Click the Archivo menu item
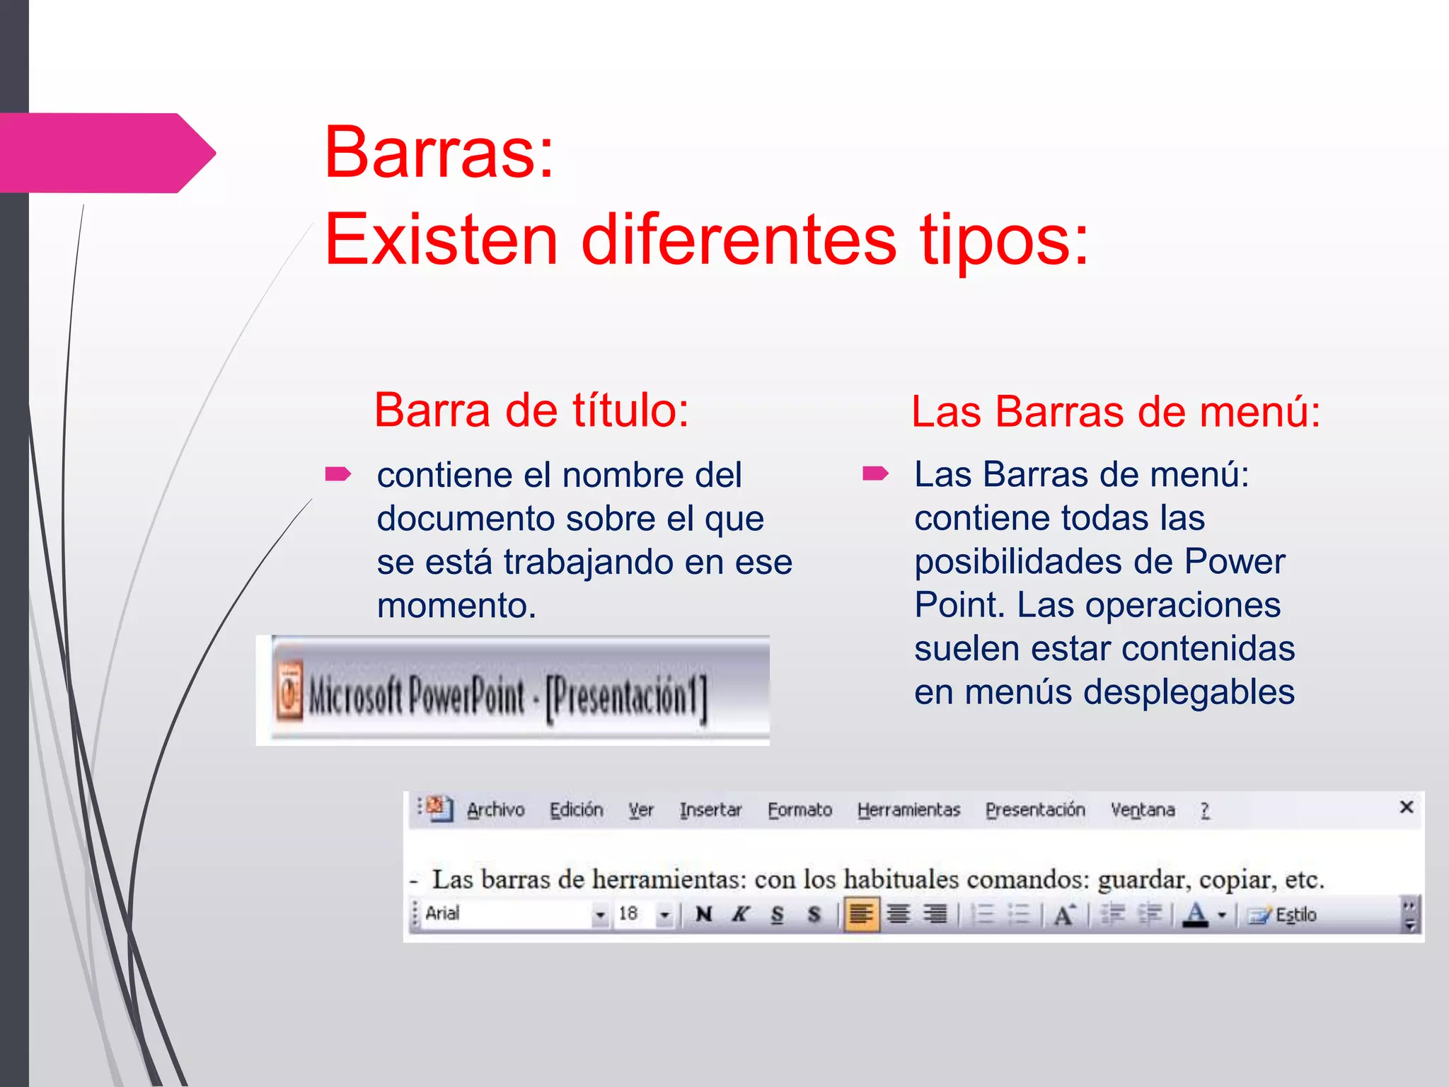tap(495, 810)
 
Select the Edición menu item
tap(577, 810)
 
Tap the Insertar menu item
tap(710, 810)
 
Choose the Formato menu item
tap(799, 810)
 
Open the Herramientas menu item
tap(908, 810)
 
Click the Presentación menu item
tap(1035, 810)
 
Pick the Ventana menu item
tap(1143, 810)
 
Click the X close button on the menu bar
tap(1407, 807)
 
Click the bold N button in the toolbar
tap(703, 914)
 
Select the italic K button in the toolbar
tap(740, 914)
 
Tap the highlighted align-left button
tap(861, 914)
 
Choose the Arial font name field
tap(506, 914)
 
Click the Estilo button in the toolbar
tap(1283, 915)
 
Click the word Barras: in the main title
tap(439, 152)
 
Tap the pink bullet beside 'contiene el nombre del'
tap(337, 473)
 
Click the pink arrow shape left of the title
tap(106, 153)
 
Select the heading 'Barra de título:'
tap(531, 410)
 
